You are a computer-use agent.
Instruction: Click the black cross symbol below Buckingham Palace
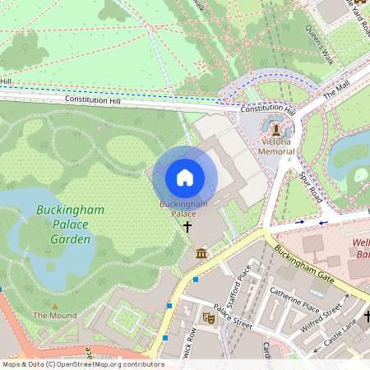coord(187,226)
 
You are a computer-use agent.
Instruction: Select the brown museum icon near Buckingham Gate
coord(202,253)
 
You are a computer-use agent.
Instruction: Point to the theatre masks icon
coord(208,316)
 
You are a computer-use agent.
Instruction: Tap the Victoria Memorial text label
coord(276,146)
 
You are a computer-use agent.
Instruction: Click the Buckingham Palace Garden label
coord(70,224)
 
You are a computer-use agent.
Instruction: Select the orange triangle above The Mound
coord(55,305)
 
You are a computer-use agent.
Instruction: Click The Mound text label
coord(55,316)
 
